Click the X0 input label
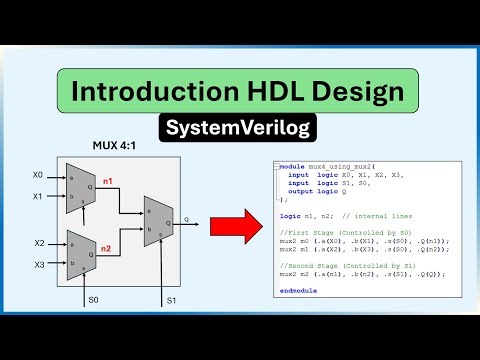point(38,175)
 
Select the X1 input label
point(38,197)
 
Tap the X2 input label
point(38,243)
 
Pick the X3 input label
point(38,264)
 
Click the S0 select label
point(93,299)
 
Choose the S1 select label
point(170,299)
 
